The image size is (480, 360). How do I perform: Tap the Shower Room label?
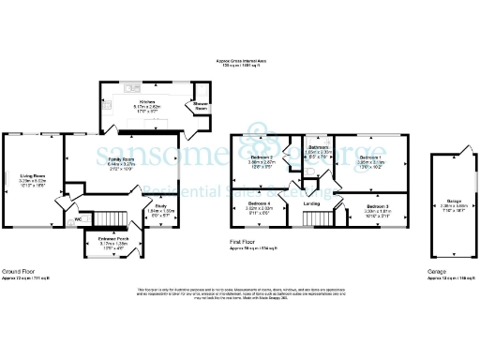point(201,107)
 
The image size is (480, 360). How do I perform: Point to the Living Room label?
point(32,175)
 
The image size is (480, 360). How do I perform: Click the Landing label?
point(312,203)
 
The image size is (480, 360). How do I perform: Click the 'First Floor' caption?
point(244,242)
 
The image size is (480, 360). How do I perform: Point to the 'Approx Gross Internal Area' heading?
point(240,59)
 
